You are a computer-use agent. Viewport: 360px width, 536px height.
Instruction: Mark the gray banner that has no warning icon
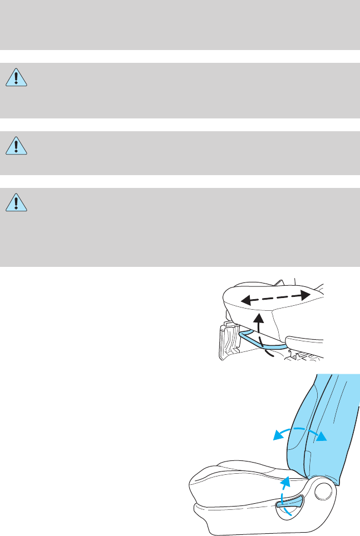pos(180,25)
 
